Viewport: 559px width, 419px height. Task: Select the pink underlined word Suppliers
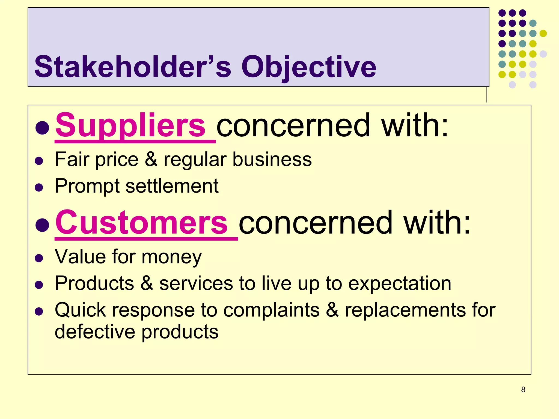coord(130,125)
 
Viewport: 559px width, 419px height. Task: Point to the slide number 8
coord(523,390)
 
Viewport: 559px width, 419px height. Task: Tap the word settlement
coord(172,186)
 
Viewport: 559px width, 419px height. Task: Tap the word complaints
coord(271,310)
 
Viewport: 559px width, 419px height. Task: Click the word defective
coord(95,332)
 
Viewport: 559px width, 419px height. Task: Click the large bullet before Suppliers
coord(42,127)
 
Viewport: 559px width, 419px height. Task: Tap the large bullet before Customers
coord(42,225)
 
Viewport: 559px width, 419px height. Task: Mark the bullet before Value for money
coord(39,258)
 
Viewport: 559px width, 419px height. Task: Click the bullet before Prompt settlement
coord(39,188)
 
